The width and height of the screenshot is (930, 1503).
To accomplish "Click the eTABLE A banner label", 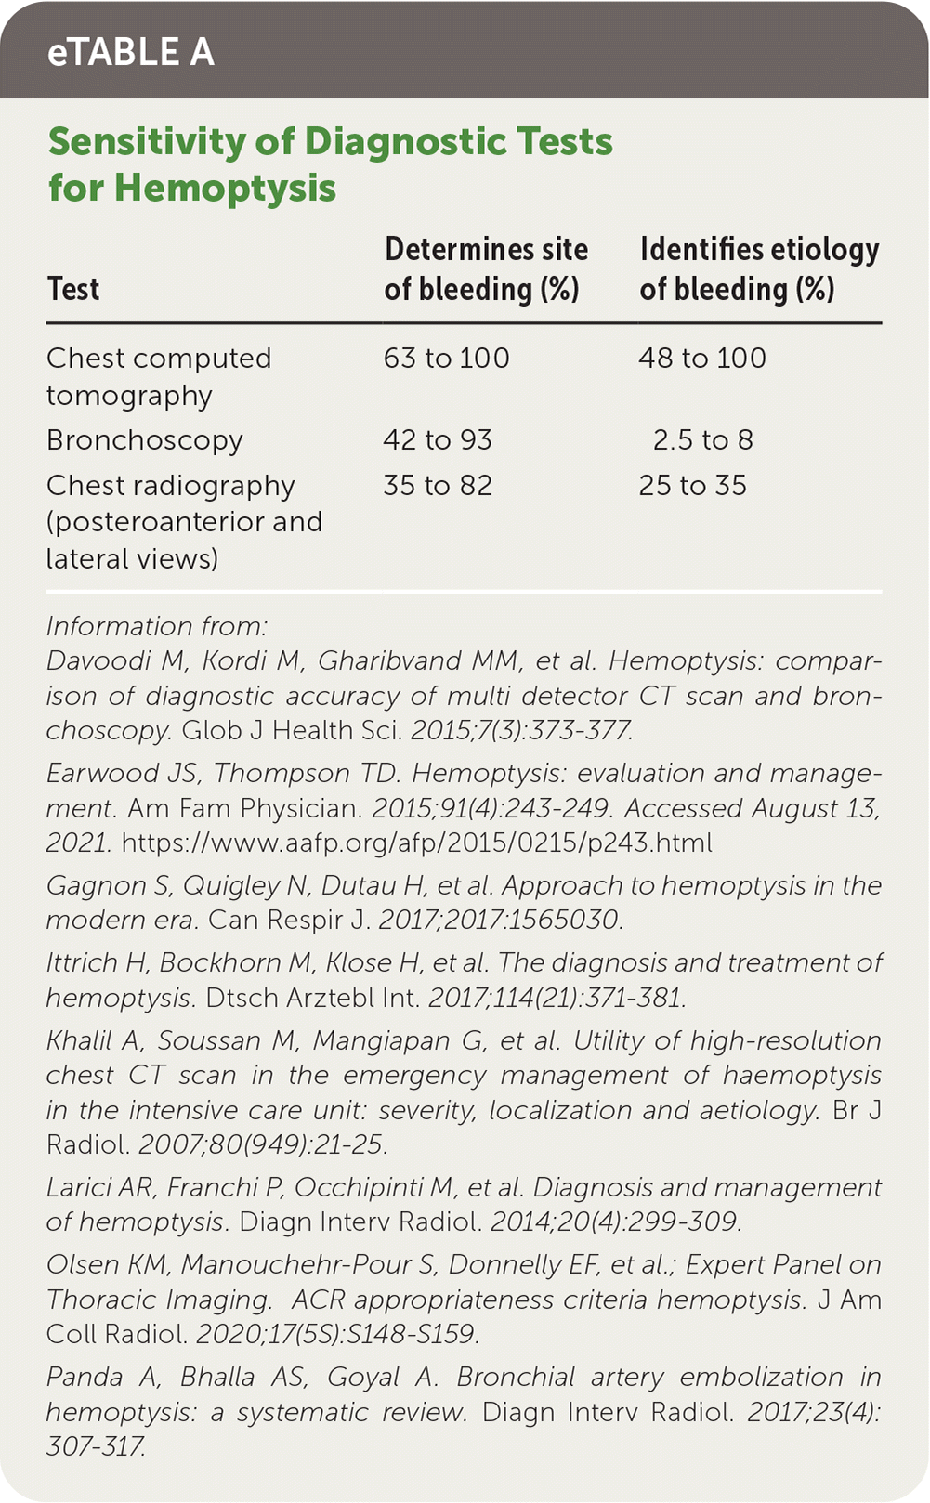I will (131, 52).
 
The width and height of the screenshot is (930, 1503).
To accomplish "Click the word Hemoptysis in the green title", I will (226, 188).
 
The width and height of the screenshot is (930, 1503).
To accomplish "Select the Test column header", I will (73, 289).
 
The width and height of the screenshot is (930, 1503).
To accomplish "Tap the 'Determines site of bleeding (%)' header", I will (486, 269).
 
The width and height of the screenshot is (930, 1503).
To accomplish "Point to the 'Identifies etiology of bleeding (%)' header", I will (759, 269).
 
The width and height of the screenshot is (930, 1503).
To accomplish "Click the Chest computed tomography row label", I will (159, 376).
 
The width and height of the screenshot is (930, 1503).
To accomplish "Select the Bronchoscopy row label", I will (145, 439).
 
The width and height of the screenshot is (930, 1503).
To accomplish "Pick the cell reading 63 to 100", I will (447, 359).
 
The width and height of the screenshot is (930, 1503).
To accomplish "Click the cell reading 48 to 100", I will (702, 359).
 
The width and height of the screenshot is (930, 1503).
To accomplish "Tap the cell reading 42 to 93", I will (438, 439).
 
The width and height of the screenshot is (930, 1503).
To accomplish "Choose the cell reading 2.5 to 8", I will (702, 439).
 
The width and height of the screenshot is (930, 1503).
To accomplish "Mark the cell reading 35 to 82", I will (438, 485).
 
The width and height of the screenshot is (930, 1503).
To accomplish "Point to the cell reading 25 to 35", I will (693, 485).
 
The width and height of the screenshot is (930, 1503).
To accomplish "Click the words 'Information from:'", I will (157, 626).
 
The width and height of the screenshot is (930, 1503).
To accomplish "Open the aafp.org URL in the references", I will (417, 843).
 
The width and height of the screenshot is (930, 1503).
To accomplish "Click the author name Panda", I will (85, 1377).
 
